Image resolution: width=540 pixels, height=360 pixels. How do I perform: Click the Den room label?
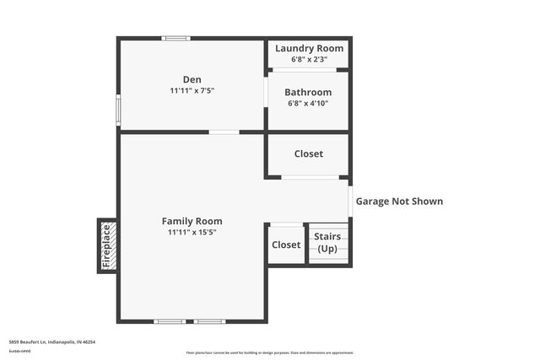click(192, 79)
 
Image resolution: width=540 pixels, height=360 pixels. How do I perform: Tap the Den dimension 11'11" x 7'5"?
click(192, 90)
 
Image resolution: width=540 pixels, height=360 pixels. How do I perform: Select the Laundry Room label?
click(309, 49)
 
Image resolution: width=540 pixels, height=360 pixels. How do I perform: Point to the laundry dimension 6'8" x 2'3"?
click(309, 60)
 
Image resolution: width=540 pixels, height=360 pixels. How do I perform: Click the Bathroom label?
click(308, 92)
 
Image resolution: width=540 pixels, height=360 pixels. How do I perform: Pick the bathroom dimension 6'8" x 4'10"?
click(308, 103)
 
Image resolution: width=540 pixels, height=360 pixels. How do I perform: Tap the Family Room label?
click(192, 221)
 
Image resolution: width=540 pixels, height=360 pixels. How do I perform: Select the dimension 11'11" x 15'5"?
click(192, 232)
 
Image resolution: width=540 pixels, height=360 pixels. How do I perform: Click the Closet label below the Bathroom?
click(308, 153)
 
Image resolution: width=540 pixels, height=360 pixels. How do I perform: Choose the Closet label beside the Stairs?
click(286, 244)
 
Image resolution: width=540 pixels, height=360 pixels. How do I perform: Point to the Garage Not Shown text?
click(399, 201)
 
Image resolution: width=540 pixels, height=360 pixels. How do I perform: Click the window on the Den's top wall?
click(176, 38)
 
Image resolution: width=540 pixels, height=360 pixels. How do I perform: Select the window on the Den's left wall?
click(118, 109)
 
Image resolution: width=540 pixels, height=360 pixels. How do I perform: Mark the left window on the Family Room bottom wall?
click(170, 321)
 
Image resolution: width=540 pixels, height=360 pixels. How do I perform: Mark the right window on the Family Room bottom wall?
click(209, 321)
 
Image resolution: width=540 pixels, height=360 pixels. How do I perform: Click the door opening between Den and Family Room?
click(224, 132)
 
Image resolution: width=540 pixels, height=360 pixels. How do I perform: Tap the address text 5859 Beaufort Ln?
click(51, 342)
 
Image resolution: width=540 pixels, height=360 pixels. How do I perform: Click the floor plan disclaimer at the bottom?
click(269, 352)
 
